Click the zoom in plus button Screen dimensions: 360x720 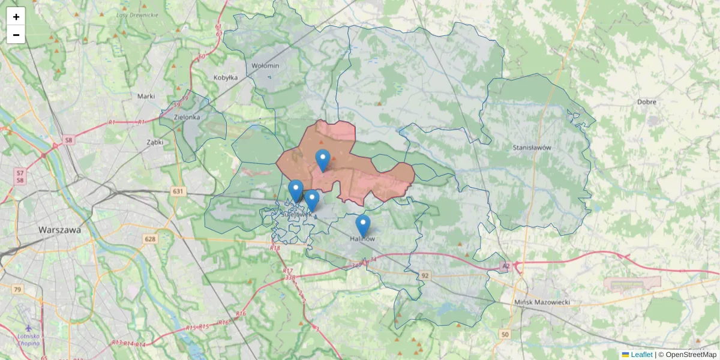tap(16, 17)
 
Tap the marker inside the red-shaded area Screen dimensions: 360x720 tap(323, 160)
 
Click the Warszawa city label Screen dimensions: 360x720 tap(59, 230)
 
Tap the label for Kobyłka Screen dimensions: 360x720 tap(226, 77)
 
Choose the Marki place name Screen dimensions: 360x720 tap(146, 96)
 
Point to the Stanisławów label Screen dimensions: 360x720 tap(532, 147)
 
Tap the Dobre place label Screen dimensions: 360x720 tap(647, 102)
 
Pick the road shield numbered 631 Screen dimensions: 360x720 tap(178, 191)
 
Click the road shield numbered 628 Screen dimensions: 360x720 tap(150, 239)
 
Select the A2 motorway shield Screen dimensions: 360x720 tap(506, 265)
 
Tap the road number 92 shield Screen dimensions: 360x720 tap(425, 275)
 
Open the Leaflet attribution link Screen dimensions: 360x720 tap(641, 355)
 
